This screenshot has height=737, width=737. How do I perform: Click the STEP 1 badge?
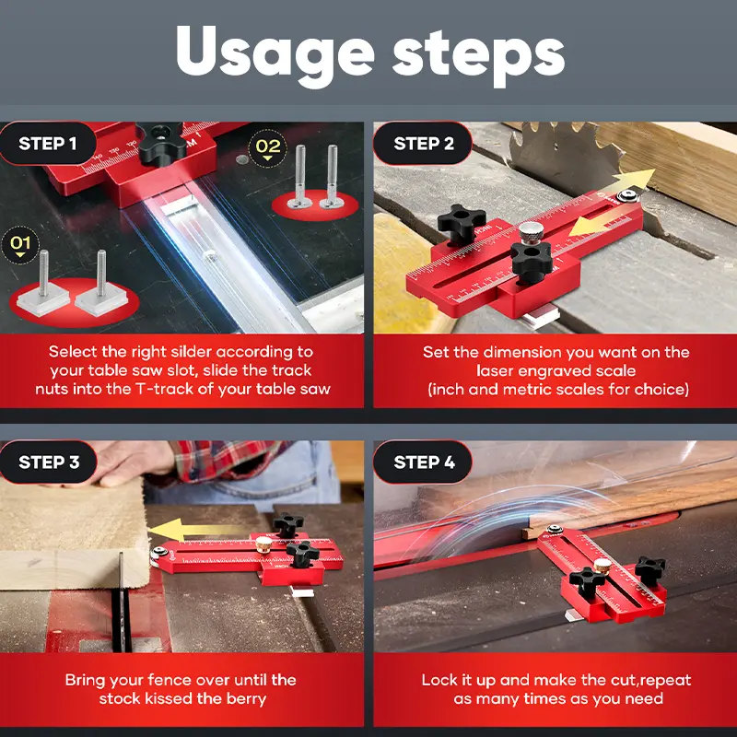(x=48, y=144)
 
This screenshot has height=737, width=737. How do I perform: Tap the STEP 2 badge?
(x=423, y=144)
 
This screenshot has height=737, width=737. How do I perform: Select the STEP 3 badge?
(x=49, y=462)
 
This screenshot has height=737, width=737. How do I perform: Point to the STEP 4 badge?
(x=424, y=462)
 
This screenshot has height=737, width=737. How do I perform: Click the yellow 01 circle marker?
(x=20, y=244)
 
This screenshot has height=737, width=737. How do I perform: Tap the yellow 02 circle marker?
(x=267, y=148)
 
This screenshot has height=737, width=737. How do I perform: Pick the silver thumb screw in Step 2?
(x=532, y=233)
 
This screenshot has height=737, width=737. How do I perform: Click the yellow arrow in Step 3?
(x=188, y=530)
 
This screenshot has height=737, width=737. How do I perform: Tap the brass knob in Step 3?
(x=264, y=545)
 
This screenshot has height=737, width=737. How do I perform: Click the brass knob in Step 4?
(x=602, y=567)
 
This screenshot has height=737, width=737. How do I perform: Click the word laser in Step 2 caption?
(x=496, y=371)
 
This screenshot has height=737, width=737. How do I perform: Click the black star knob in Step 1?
(x=160, y=143)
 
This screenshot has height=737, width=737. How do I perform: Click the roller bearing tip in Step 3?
(x=155, y=554)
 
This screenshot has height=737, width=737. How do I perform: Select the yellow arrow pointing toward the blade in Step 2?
(x=631, y=181)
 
